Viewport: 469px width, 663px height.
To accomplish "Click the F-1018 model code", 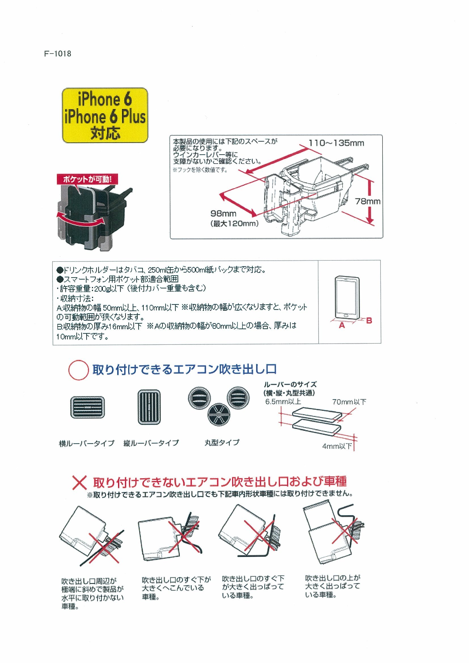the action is [x=58, y=54].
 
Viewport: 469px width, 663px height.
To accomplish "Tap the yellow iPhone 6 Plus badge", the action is [x=105, y=116].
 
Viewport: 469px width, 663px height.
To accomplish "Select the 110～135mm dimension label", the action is [x=336, y=143].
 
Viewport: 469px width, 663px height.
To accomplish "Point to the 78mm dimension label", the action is [x=367, y=201].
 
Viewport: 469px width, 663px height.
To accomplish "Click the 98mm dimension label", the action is [x=223, y=214].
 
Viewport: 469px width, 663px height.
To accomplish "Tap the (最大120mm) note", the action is [x=234, y=224].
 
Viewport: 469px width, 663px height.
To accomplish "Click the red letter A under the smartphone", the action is [x=342, y=326].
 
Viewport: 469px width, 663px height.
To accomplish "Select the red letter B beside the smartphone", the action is [x=369, y=320].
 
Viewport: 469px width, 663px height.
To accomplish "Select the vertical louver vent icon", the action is [x=149, y=407].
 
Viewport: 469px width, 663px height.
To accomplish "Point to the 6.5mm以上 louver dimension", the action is [x=283, y=402].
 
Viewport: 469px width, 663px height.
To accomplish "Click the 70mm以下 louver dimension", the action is [x=349, y=402].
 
